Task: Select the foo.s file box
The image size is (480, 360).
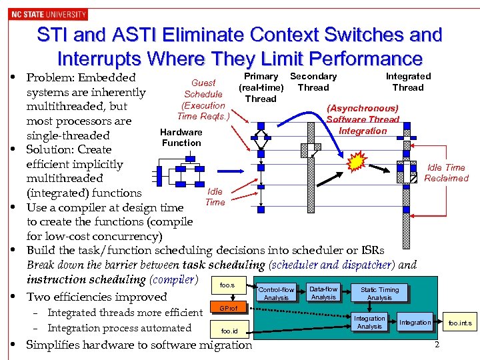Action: pyautogui.click(x=227, y=285)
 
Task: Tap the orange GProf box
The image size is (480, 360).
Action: pyautogui.click(x=229, y=308)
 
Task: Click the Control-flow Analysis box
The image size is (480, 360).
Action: pyautogui.click(x=276, y=293)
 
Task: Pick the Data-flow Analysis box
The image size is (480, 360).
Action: pyautogui.click(x=323, y=293)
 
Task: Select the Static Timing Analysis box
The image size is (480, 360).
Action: pyautogui.click(x=379, y=293)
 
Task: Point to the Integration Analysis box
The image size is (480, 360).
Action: pyautogui.click(x=369, y=323)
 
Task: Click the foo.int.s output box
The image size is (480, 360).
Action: pyautogui.click(x=459, y=323)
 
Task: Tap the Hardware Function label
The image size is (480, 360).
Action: pyautogui.click(x=181, y=137)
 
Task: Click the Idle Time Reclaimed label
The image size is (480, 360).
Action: pyautogui.click(x=446, y=173)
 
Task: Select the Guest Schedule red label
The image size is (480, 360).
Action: pyautogui.click(x=203, y=89)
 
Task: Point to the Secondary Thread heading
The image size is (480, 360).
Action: pyautogui.click(x=313, y=82)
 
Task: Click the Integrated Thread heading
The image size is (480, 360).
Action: pyautogui.click(x=408, y=82)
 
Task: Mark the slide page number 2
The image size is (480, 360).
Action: pyautogui.click(x=437, y=344)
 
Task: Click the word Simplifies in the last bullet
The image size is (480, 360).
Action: pyautogui.click(x=54, y=345)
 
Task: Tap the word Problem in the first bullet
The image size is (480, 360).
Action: pyautogui.click(x=51, y=78)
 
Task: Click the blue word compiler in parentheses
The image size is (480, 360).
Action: pyautogui.click(x=174, y=279)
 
